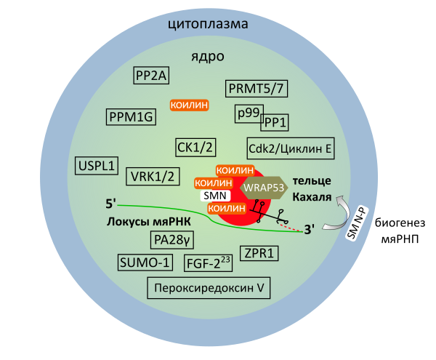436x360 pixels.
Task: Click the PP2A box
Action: tap(151, 75)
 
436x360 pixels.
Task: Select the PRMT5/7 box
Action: tap(256, 89)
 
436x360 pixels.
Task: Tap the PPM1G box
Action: tap(131, 117)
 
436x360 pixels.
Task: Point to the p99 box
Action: tap(249, 113)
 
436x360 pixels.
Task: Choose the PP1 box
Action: tap(275, 122)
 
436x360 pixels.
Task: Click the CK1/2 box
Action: tap(195, 148)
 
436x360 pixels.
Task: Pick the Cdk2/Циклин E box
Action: tap(291, 148)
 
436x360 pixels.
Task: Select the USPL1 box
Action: tap(97, 166)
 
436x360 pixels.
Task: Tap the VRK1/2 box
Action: tap(153, 177)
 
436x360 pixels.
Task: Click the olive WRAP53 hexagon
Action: tap(264, 188)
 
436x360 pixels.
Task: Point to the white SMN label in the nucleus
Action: tap(215, 196)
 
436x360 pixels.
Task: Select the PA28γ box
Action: tap(171, 240)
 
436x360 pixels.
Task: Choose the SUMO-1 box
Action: tap(145, 263)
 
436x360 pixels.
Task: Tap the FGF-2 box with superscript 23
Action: tap(208, 263)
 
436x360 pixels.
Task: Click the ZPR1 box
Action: tap(259, 253)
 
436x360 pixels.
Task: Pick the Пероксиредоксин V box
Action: tap(209, 288)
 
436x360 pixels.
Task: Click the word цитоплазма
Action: tap(208, 24)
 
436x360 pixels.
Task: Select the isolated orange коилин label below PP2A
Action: tap(189, 105)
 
